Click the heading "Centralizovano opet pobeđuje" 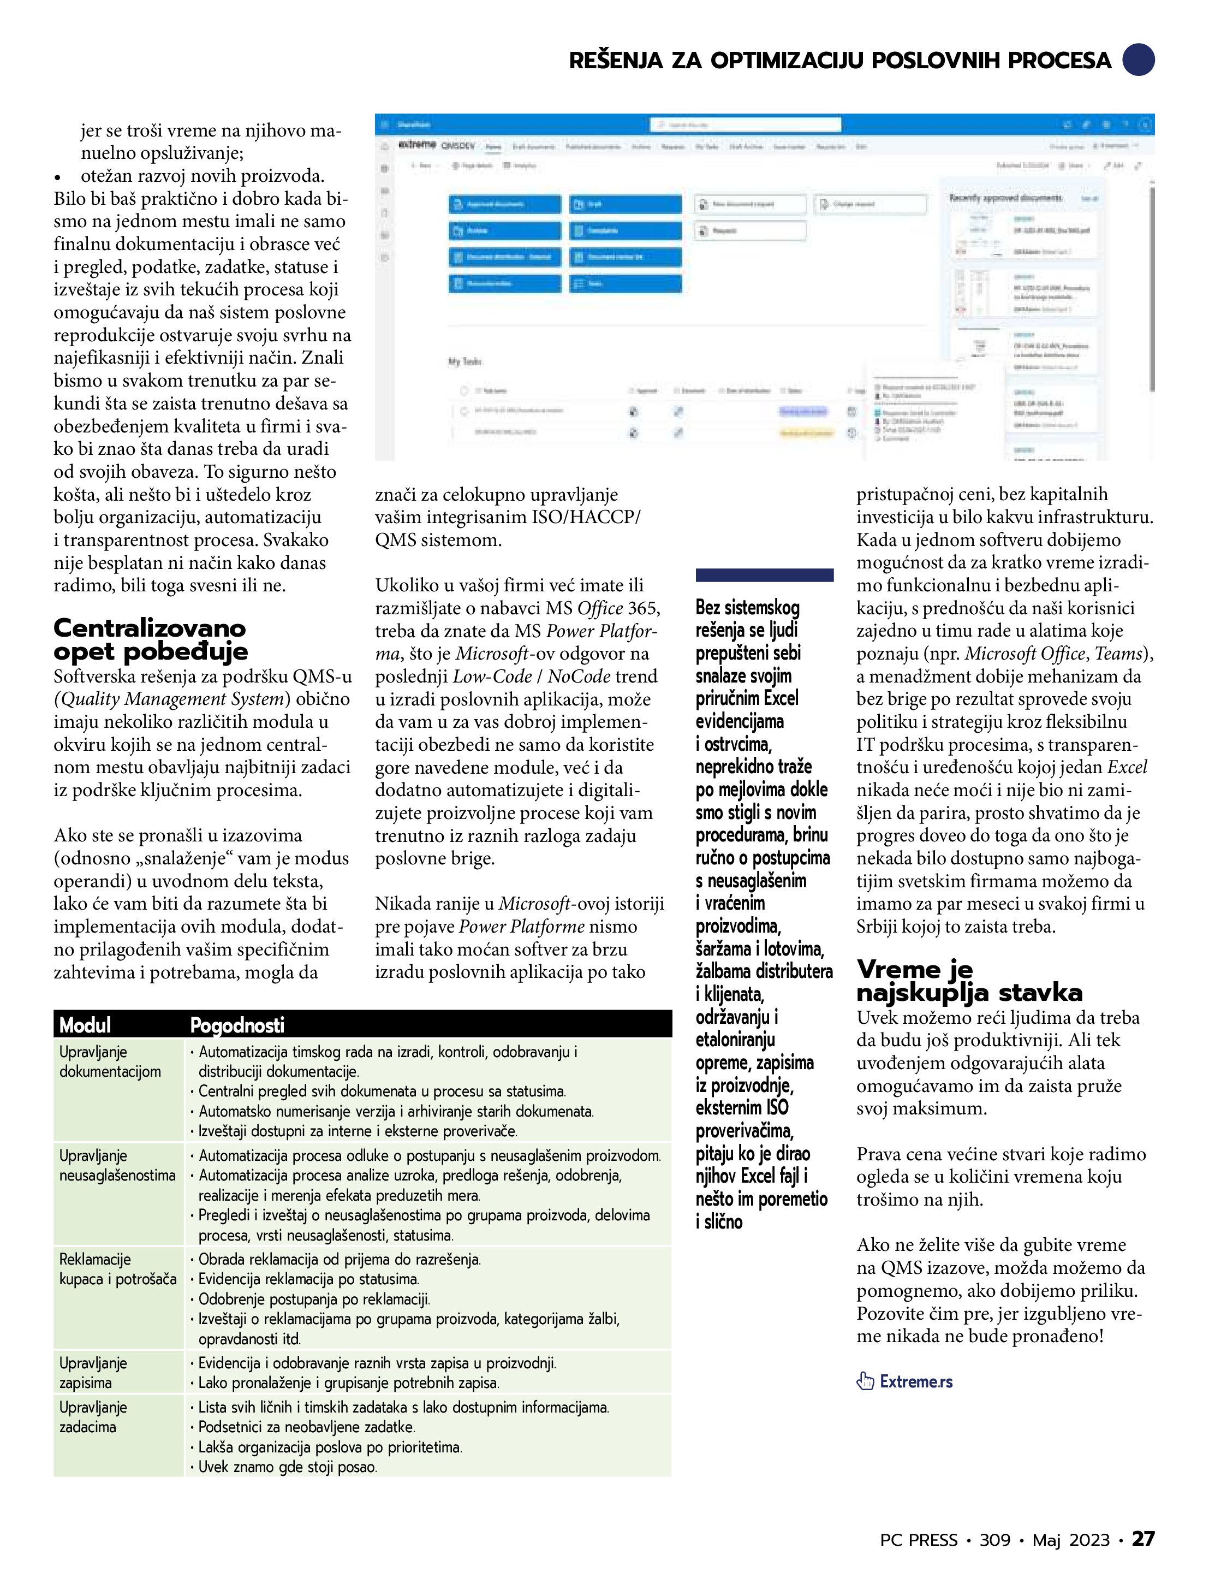pos(150,639)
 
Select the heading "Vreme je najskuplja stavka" pos(969,981)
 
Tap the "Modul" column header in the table pos(85,1024)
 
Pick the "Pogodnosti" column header pos(236,1024)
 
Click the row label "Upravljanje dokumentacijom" pos(110,1061)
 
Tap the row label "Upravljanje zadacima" pos(93,1417)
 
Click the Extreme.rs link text pos(915,1382)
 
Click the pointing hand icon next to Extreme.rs pos(865,1382)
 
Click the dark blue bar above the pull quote pos(764,575)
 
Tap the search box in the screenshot pos(745,125)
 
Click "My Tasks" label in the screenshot pos(464,361)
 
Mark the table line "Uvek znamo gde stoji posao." pos(287,1467)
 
